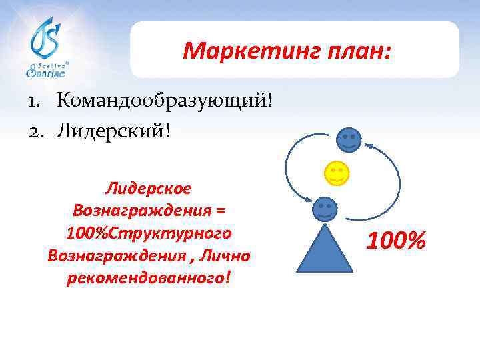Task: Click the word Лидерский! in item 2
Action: [114, 129]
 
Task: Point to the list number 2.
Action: [34, 130]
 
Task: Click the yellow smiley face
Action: [337, 173]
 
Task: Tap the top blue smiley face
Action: [349, 139]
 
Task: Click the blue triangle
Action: [324, 250]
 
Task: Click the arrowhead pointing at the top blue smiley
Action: [369, 143]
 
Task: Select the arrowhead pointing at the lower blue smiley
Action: [307, 198]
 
